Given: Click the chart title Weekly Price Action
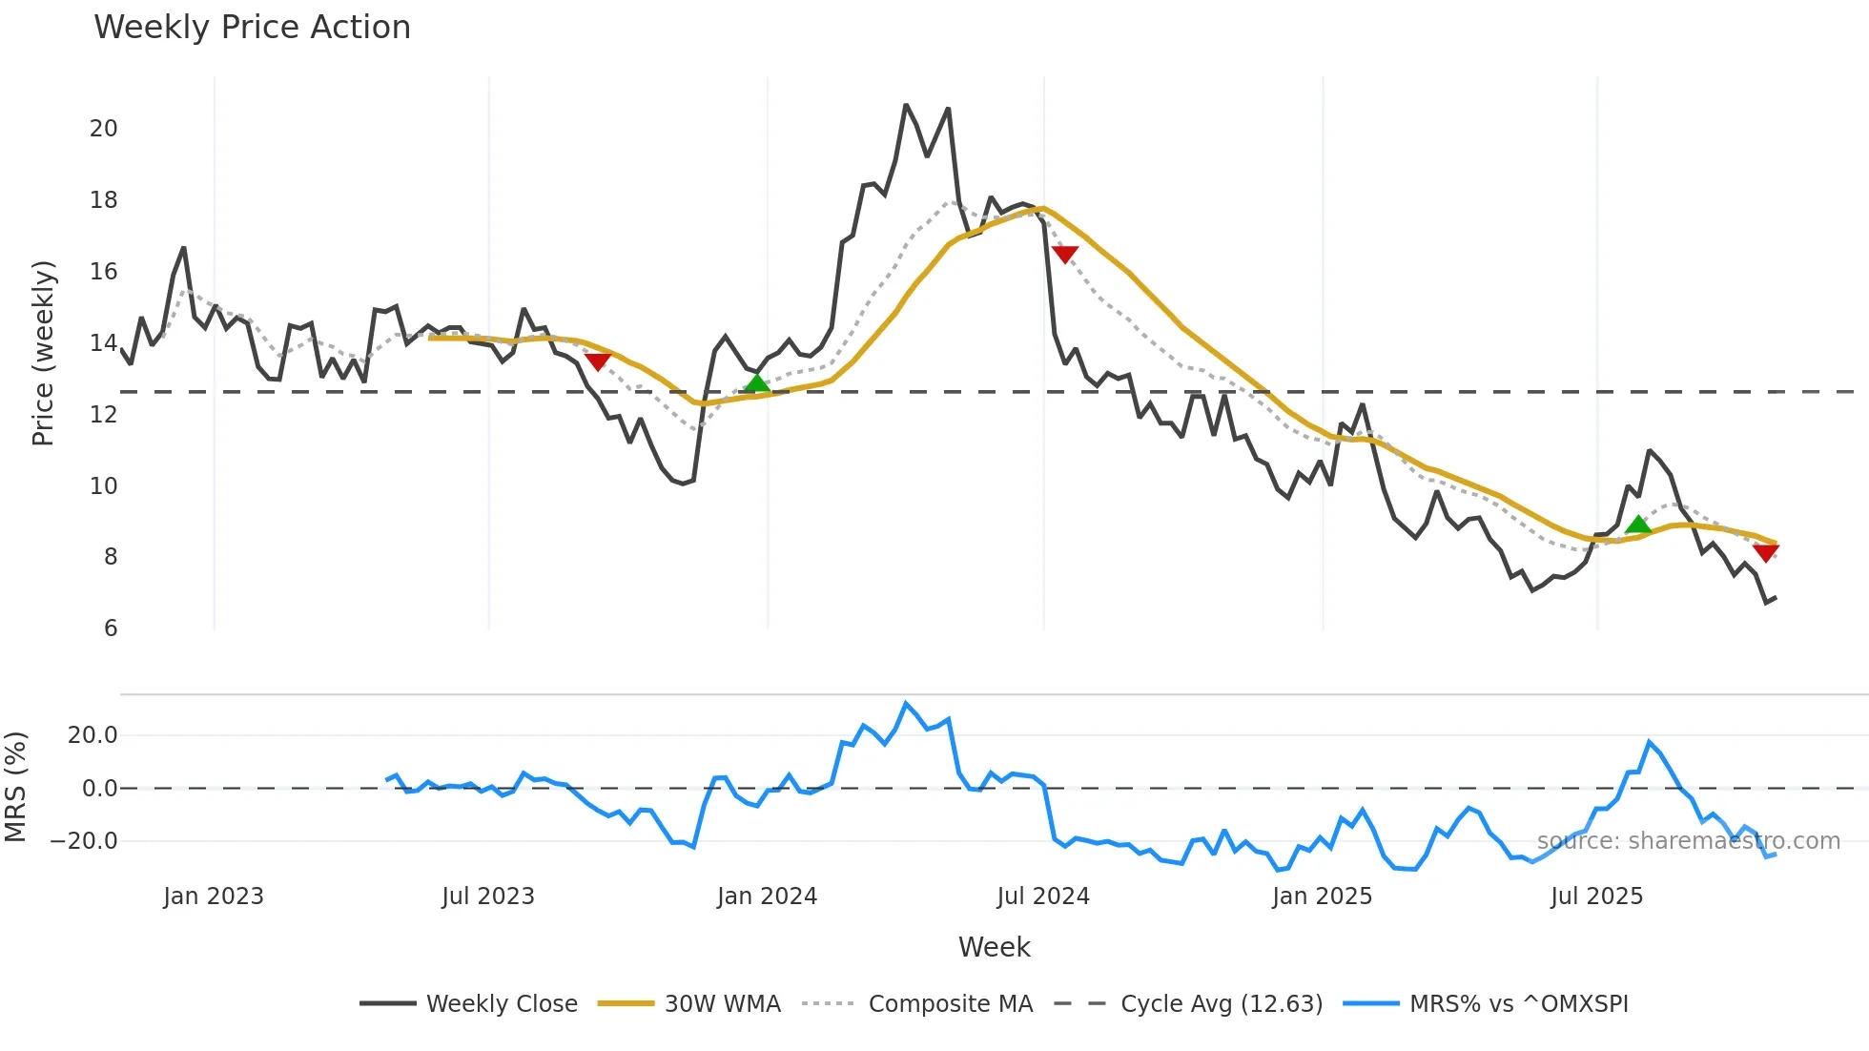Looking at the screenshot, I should point(252,28).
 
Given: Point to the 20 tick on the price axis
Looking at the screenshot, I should point(103,129).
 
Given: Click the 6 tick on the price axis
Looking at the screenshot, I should point(111,629).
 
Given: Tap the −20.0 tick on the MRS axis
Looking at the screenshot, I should point(84,841).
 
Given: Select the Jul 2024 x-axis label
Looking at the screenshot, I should point(1043,896).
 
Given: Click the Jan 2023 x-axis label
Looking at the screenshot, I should point(214,896).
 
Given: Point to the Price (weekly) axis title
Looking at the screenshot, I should point(44,353).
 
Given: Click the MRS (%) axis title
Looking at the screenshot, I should point(16,787).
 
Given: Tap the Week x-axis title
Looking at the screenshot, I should point(994,947).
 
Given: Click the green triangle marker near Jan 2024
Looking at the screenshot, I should point(756,383).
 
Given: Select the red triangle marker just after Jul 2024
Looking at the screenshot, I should point(1065,254).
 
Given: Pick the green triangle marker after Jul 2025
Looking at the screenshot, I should point(1638,524).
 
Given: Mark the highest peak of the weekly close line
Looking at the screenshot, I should point(906,105).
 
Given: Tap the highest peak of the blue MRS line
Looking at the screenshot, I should point(906,703).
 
